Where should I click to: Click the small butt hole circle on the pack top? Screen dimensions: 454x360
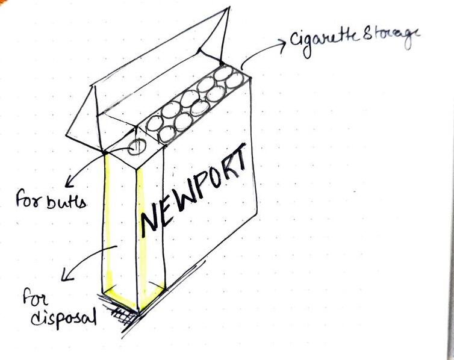click(135, 146)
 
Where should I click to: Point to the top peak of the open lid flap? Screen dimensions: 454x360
click(228, 9)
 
